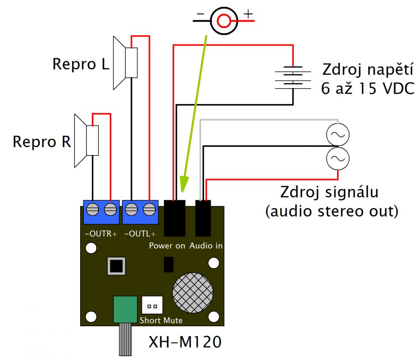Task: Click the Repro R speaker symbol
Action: tap(86, 140)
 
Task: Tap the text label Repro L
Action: tap(81, 64)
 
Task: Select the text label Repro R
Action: tap(41, 142)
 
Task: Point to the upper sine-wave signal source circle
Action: tap(338, 134)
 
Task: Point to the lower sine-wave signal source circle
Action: tap(338, 158)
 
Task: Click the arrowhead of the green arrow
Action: tap(183, 187)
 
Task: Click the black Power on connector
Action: tap(175, 218)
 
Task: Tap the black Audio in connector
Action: tap(203, 218)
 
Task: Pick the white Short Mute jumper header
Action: tap(152, 306)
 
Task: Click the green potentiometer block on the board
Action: tap(125, 310)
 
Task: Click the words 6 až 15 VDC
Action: tap(367, 89)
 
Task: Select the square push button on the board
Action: tap(116, 266)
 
